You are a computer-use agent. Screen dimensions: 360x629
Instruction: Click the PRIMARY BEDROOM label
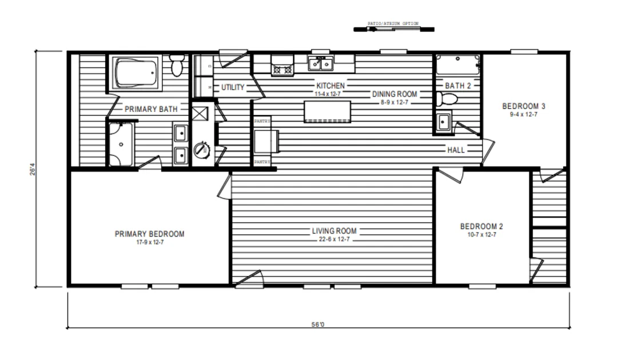coord(149,234)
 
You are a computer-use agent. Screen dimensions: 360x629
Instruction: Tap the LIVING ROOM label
coord(334,231)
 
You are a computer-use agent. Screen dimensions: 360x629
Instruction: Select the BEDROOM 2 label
coord(481,226)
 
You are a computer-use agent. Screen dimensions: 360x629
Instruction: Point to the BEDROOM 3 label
coord(524,106)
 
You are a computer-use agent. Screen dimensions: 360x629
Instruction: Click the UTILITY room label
coord(233,87)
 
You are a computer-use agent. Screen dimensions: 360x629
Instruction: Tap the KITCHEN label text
coord(331,86)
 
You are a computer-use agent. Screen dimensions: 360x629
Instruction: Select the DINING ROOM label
coord(395,94)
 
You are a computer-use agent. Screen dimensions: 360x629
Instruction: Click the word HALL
coord(456,150)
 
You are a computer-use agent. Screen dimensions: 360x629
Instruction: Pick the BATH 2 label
coord(458,86)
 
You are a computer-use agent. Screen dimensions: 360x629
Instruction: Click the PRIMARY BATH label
coord(151,109)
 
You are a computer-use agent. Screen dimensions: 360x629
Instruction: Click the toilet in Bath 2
coord(446,99)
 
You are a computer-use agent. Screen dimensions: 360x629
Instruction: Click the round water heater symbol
coord(201,151)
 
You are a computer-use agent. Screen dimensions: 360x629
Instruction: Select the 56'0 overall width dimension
coord(318,324)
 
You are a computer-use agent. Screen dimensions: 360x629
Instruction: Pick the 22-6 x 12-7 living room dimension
coord(334,239)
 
